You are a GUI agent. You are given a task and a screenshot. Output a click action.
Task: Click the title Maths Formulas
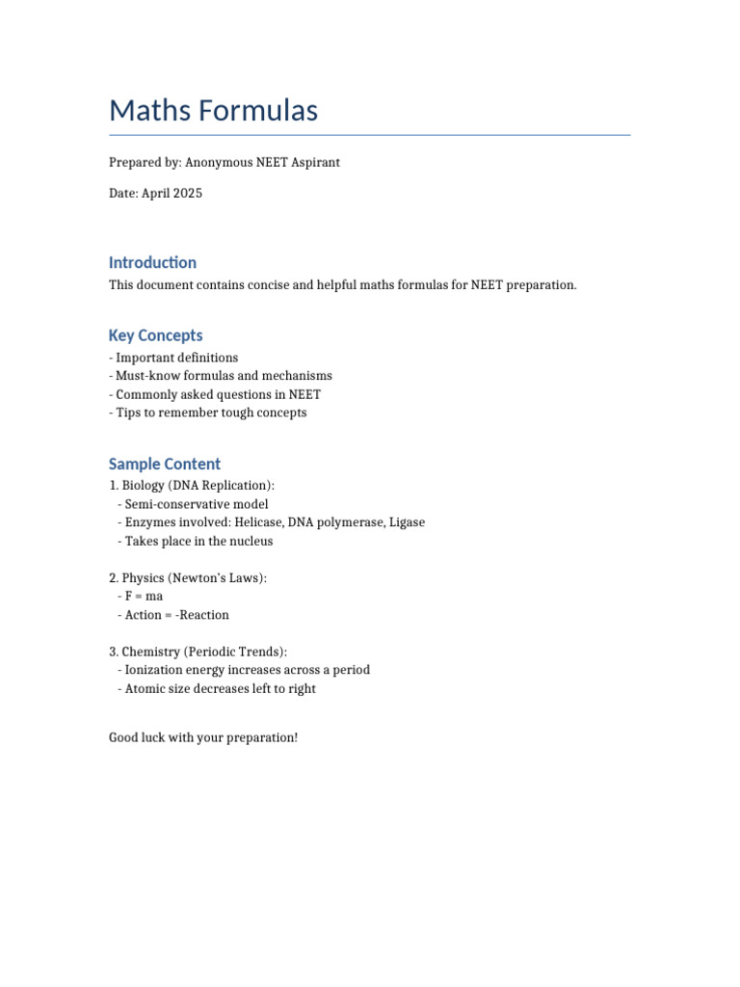[x=213, y=111]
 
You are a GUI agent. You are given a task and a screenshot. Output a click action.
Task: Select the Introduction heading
[x=152, y=262]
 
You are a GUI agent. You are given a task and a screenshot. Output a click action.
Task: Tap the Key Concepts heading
[x=155, y=335]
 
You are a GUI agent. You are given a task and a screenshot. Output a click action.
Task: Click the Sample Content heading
[x=165, y=464]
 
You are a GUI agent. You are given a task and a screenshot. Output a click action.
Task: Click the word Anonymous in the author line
[x=219, y=163]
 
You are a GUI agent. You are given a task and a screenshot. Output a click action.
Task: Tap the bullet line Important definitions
[x=173, y=358]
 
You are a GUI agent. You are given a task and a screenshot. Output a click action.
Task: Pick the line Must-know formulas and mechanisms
[x=221, y=376]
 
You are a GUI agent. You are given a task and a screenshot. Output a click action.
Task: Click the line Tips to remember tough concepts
[x=208, y=413]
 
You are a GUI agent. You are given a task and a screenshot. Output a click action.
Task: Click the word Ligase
[x=406, y=522]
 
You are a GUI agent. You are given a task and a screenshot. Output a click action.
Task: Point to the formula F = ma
[x=141, y=597]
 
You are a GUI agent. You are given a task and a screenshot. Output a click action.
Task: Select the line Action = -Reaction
[x=173, y=615]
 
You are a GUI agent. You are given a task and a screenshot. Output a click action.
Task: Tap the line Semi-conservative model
[x=194, y=504]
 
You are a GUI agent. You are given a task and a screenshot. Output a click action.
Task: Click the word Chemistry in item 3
[x=151, y=652]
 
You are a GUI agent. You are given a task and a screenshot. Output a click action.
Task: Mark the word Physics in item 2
[x=144, y=578]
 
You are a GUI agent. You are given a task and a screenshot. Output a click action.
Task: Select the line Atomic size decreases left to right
[x=217, y=689]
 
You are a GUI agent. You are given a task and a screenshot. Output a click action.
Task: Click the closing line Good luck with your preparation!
[x=203, y=738]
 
